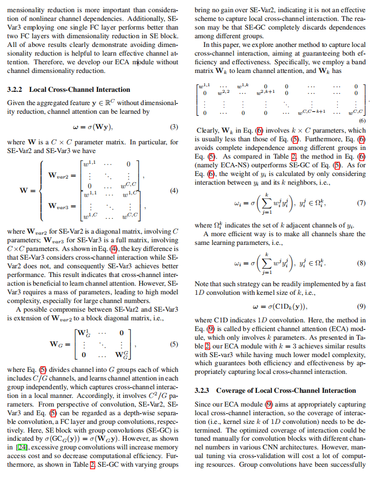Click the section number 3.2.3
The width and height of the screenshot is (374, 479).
click(204, 390)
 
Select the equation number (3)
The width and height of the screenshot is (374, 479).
click(174, 127)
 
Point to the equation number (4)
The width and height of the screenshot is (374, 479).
click(174, 191)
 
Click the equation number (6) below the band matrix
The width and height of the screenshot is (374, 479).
click(362, 121)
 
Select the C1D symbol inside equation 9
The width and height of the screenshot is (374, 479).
click(287, 307)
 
